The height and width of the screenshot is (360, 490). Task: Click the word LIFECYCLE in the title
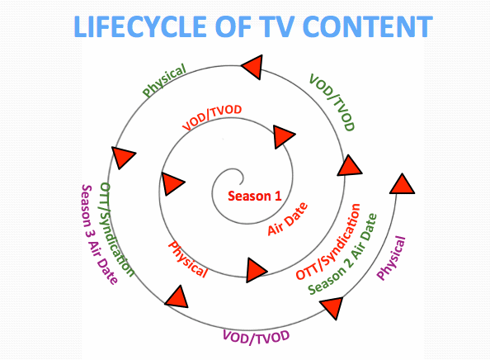click(x=140, y=26)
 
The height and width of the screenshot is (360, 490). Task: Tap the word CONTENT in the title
click(x=368, y=26)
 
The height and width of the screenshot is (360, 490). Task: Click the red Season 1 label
click(x=255, y=197)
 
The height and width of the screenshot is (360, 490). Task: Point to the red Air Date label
click(x=288, y=219)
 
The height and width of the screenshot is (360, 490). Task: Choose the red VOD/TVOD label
click(x=212, y=117)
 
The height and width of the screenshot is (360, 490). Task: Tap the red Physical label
click(x=188, y=259)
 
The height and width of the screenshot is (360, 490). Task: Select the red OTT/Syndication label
click(x=327, y=242)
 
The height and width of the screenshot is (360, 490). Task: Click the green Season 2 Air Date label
click(x=342, y=254)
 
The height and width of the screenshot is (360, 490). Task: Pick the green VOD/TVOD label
click(x=332, y=102)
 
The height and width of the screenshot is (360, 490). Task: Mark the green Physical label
click(x=164, y=80)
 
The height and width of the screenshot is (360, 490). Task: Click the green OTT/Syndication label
click(x=117, y=230)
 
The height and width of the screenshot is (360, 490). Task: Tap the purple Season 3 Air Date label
click(x=99, y=234)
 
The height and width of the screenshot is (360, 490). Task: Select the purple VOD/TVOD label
click(x=256, y=337)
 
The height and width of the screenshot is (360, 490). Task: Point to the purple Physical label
click(x=391, y=258)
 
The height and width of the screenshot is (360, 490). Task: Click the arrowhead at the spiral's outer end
click(x=402, y=184)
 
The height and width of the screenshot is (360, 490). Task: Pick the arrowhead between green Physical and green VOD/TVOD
click(x=252, y=67)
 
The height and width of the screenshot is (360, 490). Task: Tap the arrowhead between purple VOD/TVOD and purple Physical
click(x=332, y=307)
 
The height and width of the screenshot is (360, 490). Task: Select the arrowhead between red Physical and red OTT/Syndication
click(x=257, y=270)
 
